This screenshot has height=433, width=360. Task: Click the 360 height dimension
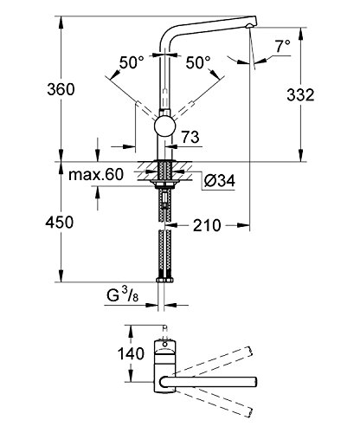(39, 89)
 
